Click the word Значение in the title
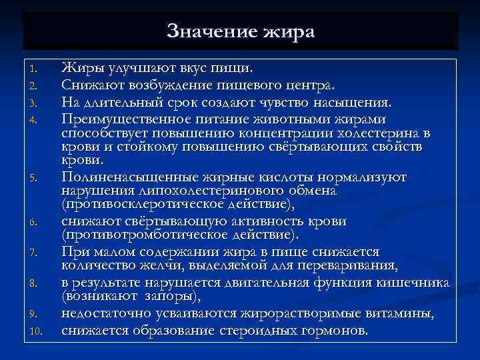click(207, 31)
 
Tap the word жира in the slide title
click(287, 31)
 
